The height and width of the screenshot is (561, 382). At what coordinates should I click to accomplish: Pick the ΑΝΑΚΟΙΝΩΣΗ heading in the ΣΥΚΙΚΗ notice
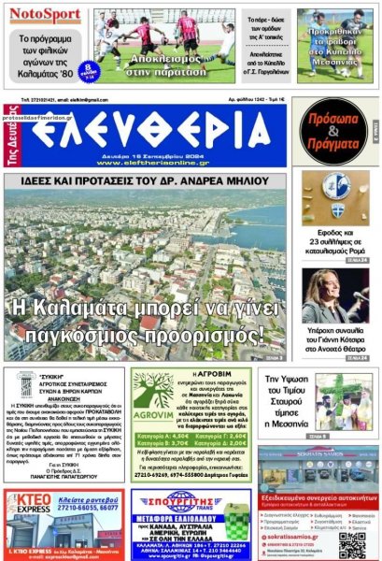64,404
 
